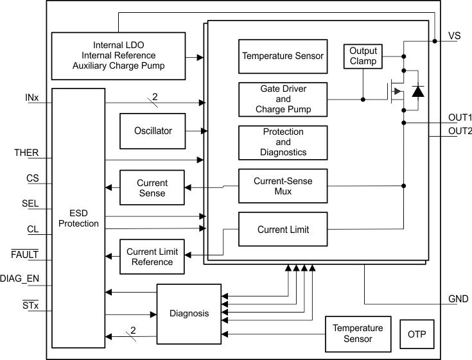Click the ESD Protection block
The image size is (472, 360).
[x=78, y=218]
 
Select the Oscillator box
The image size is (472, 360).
[x=153, y=131]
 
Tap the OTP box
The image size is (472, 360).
[x=416, y=334]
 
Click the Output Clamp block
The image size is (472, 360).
[x=363, y=56]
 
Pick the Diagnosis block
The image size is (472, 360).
[x=189, y=314]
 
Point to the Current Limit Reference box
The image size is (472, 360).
[x=153, y=257]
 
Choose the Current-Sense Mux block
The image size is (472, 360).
[x=283, y=186]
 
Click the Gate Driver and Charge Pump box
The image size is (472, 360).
[x=283, y=99]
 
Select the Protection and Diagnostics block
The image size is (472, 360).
[x=283, y=142]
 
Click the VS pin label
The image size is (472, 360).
[x=454, y=36]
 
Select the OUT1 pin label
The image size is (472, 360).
[x=460, y=118]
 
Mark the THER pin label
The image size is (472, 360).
[x=26, y=153]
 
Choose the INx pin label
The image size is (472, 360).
[x=31, y=98]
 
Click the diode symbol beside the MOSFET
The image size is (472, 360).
[x=417, y=91]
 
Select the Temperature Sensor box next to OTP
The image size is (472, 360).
[x=357, y=334]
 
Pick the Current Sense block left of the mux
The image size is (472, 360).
[x=152, y=188]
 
